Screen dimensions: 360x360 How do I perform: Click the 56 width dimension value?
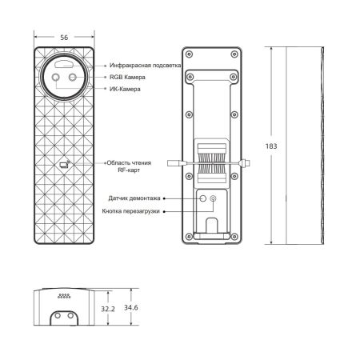[x=64, y=38]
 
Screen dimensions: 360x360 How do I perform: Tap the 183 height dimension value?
[x=271, y=146]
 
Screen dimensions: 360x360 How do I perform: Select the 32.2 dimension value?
[x=108, y=309]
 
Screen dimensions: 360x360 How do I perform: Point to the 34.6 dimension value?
[x=131, y=307]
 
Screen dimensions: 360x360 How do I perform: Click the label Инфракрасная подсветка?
[x=146, y=65]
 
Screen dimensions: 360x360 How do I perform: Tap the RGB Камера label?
[x=127, y=77]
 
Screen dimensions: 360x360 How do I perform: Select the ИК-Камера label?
[x=125, y=89]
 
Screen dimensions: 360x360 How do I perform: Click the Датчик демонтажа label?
[x=134, y=198]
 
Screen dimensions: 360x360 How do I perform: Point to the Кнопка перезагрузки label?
[x=130, y=211]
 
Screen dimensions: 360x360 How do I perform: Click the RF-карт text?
[x=129, y=170]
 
